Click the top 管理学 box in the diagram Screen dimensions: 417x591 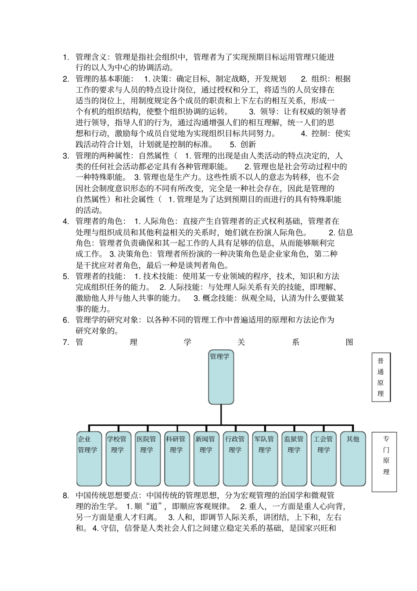coord(221,377)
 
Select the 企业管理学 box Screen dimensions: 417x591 coord(89,458)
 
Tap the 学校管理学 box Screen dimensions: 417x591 coord(118,458)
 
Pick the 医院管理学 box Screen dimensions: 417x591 coord(147,458)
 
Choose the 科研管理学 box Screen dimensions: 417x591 coord(176,458)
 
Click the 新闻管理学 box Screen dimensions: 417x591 coord(206,458)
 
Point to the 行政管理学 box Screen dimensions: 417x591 coord(235,458)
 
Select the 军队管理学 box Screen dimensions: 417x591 coord(265,458)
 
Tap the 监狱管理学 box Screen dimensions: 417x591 coord(294,458)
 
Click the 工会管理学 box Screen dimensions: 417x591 coord(324,458)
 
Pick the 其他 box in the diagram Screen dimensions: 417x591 coord(353,458)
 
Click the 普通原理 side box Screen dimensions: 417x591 coord(381,377)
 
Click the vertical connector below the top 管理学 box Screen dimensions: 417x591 coord(221,414)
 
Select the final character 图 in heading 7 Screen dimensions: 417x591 coord(349,342)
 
